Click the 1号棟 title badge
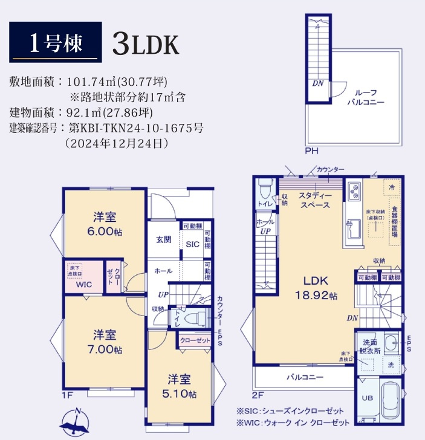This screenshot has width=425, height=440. click(54, 42)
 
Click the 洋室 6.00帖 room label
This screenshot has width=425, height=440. click(105, 223)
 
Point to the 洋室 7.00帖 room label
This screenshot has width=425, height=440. click(105, 341)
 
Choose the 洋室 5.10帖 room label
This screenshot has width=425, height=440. click(181, 386)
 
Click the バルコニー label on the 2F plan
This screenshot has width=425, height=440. click(305, 377)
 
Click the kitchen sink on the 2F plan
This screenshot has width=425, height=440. click(352, 230)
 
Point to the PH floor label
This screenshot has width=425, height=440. click(311, 151)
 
